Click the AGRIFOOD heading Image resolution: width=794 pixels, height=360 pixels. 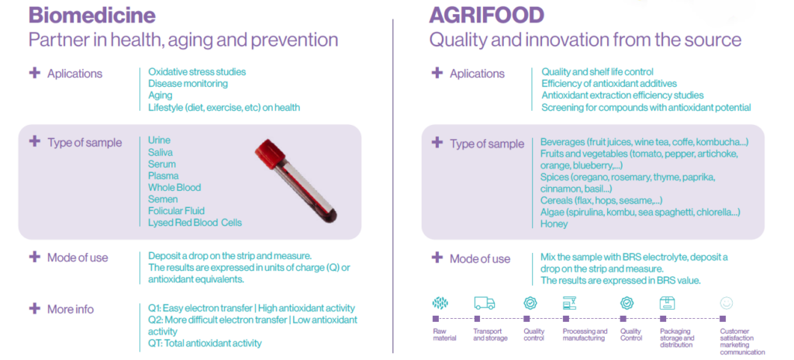click(x=487, y=16)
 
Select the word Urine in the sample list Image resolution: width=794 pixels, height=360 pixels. click(x=159, y=140)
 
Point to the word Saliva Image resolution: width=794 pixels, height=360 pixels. click(x=161, y=152)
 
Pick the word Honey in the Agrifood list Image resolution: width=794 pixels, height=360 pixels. click(x=554, y=223)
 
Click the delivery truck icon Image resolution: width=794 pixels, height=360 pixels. click(x=484, y=303)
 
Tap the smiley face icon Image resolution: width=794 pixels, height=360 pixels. click(x=726, y=303)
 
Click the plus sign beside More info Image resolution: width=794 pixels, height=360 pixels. click(x=34, y=308)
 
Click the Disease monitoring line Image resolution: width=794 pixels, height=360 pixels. click(x=188, y=84)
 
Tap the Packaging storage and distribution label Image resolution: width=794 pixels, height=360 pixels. click(x=677, y=338)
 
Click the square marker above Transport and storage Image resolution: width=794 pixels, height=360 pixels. click(x=477, y=319)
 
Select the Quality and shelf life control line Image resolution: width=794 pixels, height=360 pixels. click(x=598, y=72)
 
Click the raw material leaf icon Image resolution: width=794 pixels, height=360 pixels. click(x=440, y=303)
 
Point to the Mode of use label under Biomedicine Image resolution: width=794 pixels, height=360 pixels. click(x=78, y=258)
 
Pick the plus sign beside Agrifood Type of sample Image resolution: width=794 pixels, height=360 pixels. click(x=437, y=143)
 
